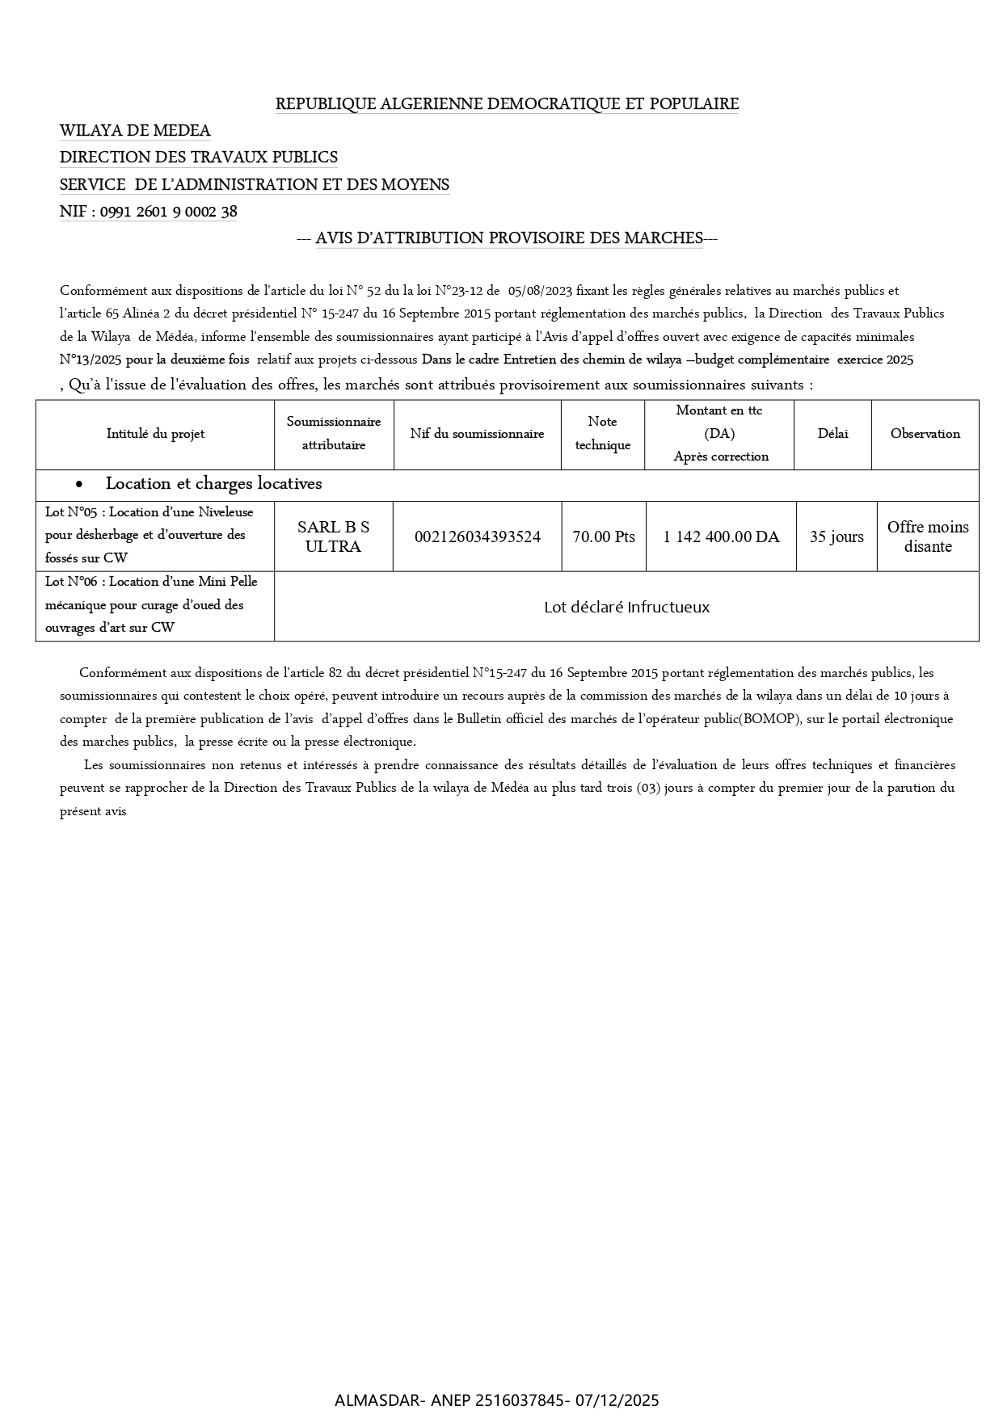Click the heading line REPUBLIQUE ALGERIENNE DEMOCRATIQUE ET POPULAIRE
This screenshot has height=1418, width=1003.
point(507,104)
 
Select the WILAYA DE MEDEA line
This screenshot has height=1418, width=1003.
point(135,131)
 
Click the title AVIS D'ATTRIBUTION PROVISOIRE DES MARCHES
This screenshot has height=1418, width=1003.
point(508,238)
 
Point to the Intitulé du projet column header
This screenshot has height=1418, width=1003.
point(155,434)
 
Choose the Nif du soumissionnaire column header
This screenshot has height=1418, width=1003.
point(477,434)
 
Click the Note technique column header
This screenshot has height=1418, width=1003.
point(602,433)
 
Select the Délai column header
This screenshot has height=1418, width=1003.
point(832,434)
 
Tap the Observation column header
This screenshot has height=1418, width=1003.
point(925,434)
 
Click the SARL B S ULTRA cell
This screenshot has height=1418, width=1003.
point(333,536)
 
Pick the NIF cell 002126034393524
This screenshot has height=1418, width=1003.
point(477,536)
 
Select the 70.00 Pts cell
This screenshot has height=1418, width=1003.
point(604,536)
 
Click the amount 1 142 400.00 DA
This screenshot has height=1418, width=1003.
point(721,536)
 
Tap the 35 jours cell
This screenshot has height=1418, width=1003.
point(837,536)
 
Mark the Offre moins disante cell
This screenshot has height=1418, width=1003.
point(927,536)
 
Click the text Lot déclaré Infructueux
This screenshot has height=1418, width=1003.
point(626,607)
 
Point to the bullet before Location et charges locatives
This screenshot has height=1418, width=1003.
point(78,485)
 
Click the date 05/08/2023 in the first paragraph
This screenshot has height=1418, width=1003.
point(540,291)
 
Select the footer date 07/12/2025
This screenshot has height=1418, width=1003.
point(617,1400)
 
